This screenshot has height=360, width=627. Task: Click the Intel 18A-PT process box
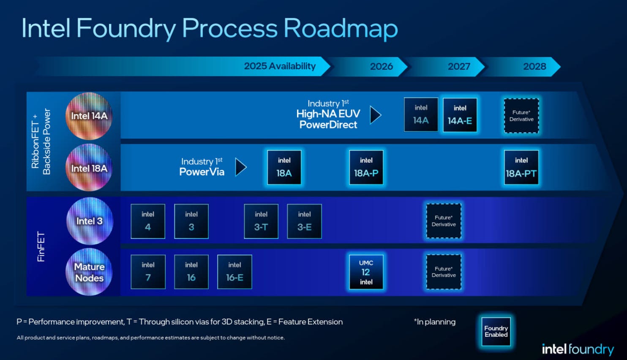pyautogui.click(x=521, y=167)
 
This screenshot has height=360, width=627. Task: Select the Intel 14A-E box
pyautogui.click(x=460, y=115)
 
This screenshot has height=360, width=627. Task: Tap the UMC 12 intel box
pyautogui.click(x=366, y=272)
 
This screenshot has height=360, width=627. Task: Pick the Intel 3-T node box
pyautogui.click(x=261, y=221)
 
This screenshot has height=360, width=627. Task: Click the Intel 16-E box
pyautogui.click(x=234, y=272)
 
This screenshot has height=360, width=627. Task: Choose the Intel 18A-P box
pyautogui.click(x=366, y=167)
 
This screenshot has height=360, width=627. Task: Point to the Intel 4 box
pyautogui.click(x=148, y=221)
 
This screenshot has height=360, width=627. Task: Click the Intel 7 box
pyautogui.click(x=148, y=272)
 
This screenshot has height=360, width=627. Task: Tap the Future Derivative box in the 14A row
pyautogui.click(x=521, y=116)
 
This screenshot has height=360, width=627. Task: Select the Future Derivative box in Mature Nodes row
pyautogui.click(x=444, y=272)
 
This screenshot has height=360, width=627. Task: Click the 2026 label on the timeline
pyautogui.click(x=382, y=66)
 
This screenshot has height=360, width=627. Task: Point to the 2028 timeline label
pyautogui.click(x=534, y=66)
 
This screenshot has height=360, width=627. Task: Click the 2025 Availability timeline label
pyautogui.click(x=280, y=66)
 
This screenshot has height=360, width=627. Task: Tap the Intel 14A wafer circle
pyautogui.click(x=89, y=116)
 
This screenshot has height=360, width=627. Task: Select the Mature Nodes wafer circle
pyautogui.click(x=89, y=272)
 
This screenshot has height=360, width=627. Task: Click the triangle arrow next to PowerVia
pyautogui.click(x=240, y=167)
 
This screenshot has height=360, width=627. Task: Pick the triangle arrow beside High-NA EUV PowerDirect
pyautogui.click(x=375, y=115)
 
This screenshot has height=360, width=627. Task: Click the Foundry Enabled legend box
pyautogui.click(x=496, y=331)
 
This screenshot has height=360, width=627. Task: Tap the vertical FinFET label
pyautogui.click(x=41, y=246)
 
